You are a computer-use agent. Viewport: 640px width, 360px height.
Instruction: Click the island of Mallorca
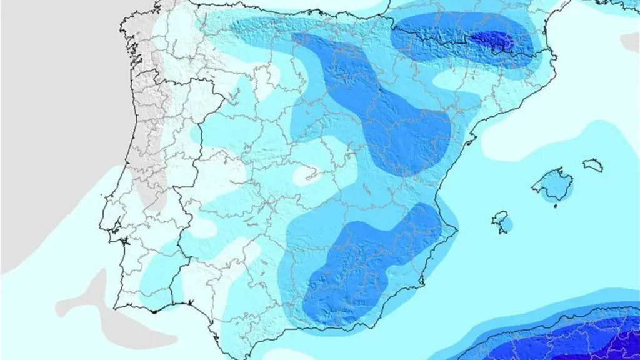tap(551, 185)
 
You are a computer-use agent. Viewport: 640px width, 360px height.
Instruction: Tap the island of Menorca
tap(592, 165)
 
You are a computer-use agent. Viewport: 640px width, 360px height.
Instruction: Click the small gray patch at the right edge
tap(631, 42)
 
